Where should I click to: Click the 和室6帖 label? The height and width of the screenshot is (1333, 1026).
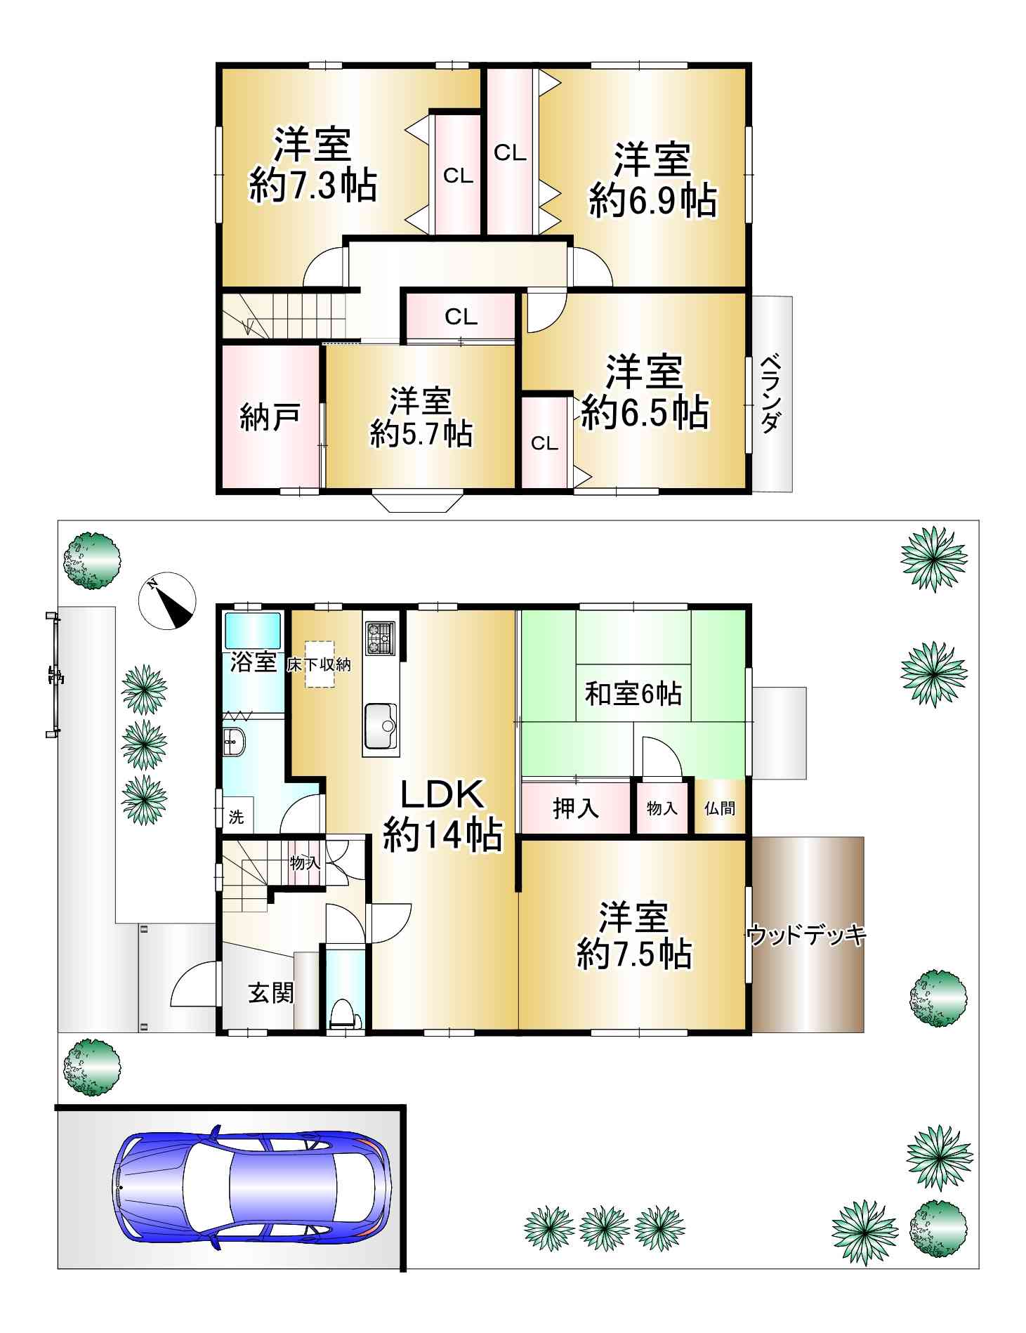point(633,694)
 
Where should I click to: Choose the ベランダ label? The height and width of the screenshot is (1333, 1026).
point(771,394)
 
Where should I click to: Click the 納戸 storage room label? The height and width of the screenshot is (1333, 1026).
point(270,416)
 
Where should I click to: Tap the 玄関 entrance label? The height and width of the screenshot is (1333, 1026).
point(271,992)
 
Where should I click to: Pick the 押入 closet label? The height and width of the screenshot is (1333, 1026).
point(576,808)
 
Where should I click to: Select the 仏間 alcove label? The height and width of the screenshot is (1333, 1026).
point(720,808)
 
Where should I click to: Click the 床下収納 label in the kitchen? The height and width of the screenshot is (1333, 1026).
point(319,664)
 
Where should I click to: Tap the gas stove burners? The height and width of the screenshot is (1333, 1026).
point(380,637)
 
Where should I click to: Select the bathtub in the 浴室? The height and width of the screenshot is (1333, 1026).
point(252,630)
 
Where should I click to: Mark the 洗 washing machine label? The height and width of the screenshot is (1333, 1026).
point(236,817)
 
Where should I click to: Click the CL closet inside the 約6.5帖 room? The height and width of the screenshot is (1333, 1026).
point(545,443)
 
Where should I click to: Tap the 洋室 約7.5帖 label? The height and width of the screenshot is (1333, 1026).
point(634,936)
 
